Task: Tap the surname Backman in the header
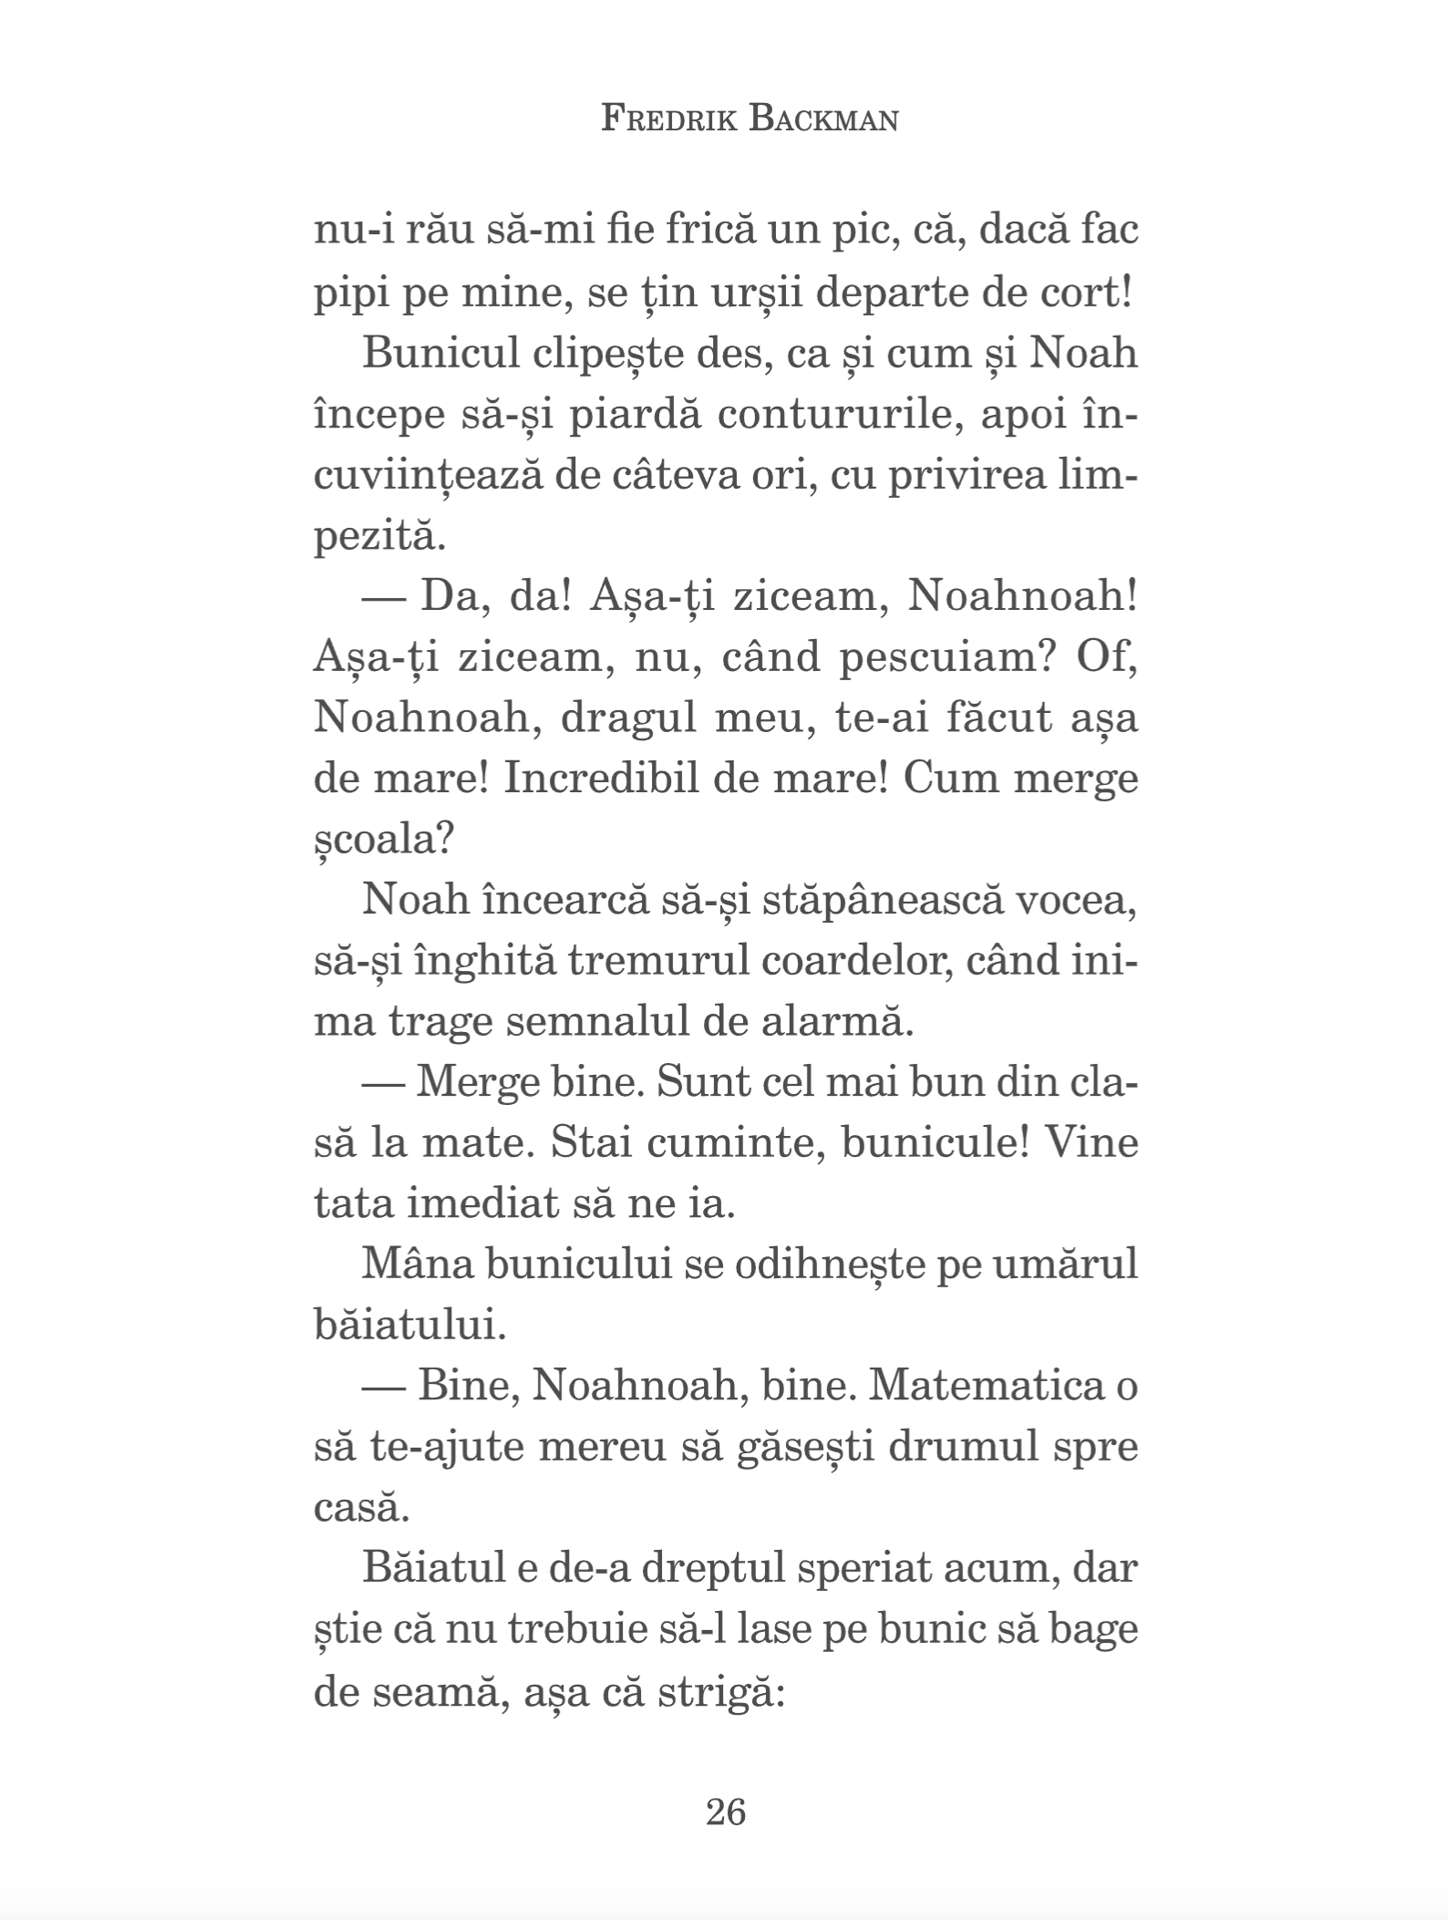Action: coord(823,119)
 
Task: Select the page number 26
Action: coord(726,1811)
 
